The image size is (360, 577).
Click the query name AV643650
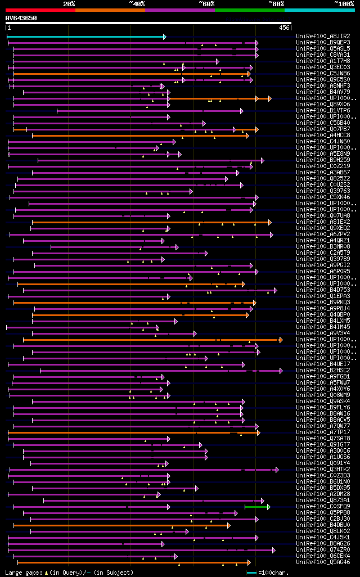coord(21,18)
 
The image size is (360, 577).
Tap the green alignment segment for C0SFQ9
coord(256,507)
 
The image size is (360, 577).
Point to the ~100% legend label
coord(344,3)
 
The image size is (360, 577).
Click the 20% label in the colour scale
coord(69,3)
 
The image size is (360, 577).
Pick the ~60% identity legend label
coord(206,3)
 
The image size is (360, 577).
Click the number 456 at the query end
coord(284,28)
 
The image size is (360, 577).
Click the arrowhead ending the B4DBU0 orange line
coord(228,525)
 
